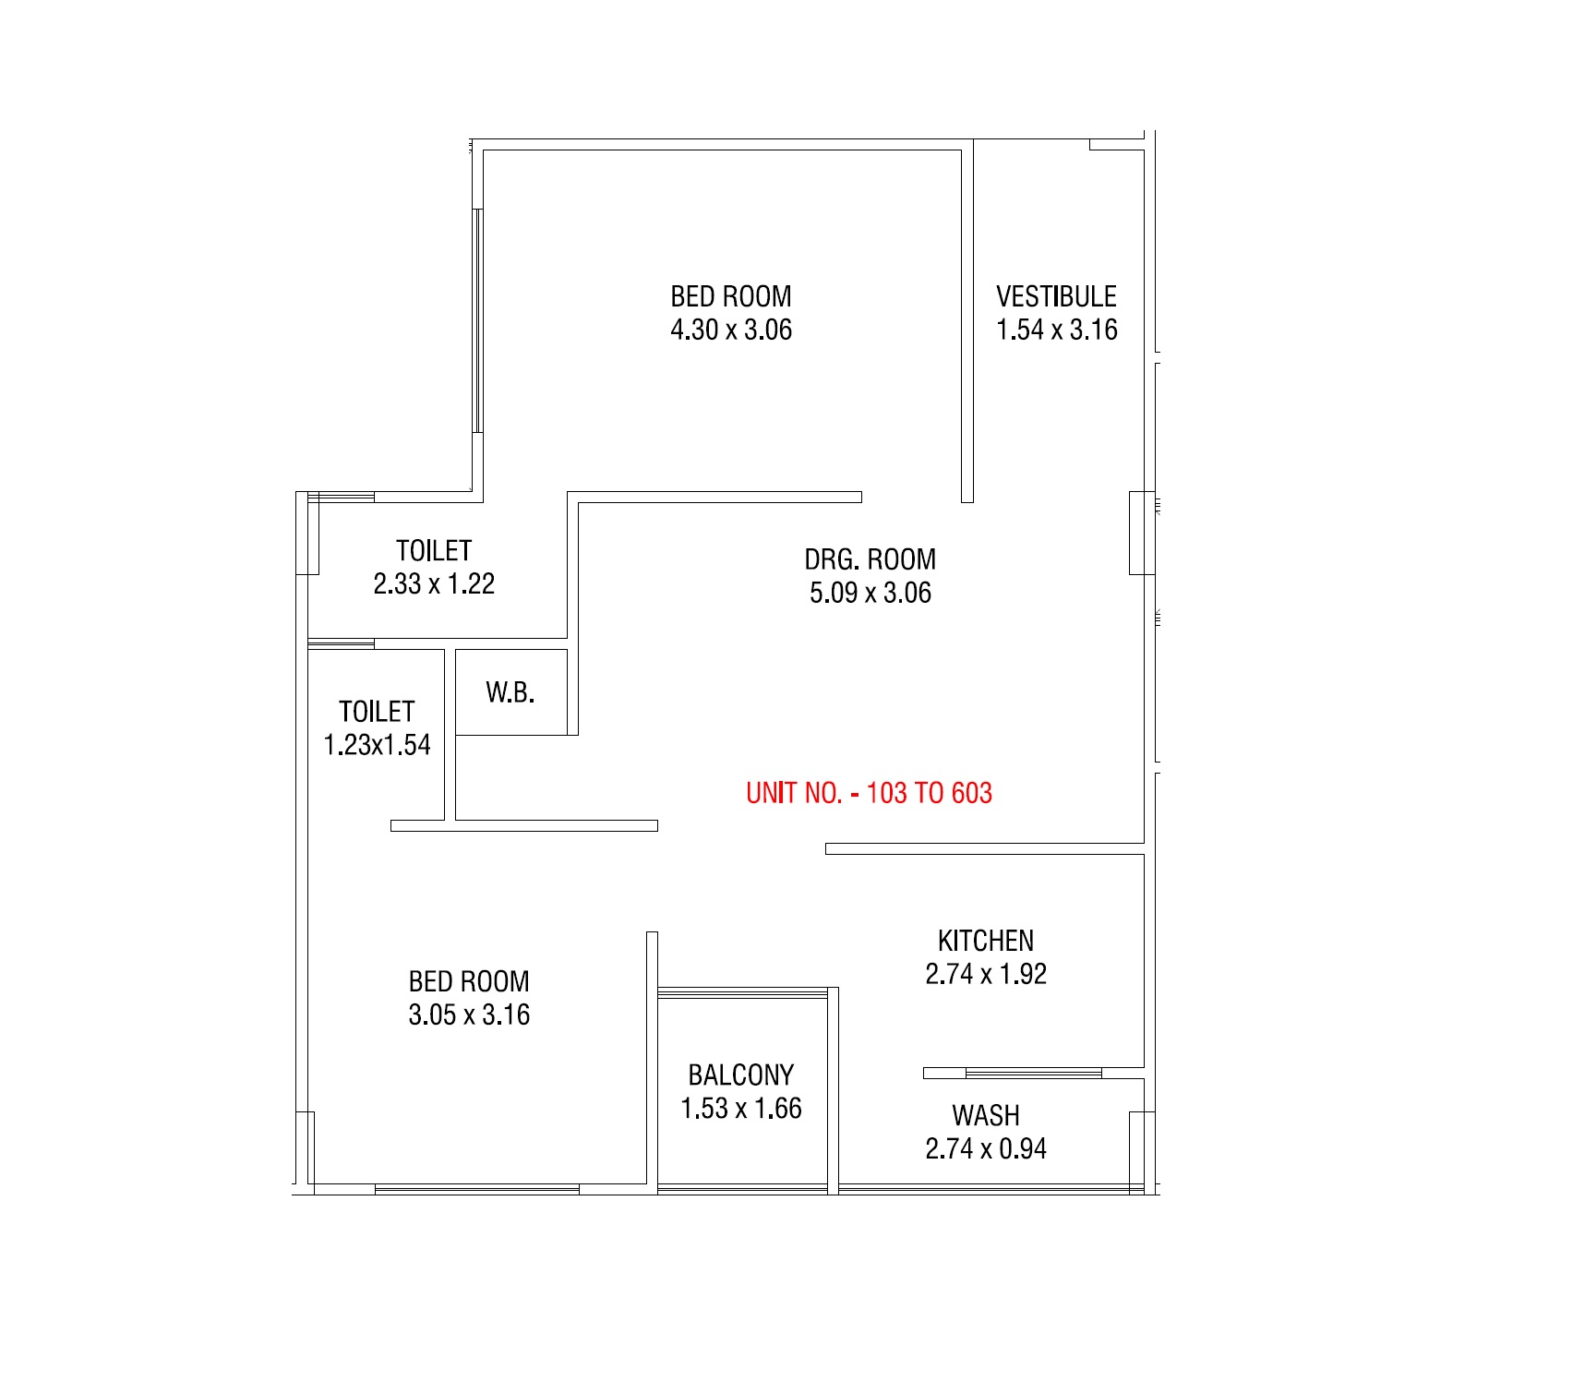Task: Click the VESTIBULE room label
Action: coord(1056,296)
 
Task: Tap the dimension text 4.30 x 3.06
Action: coord(731,330)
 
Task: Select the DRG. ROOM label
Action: coord(870,559)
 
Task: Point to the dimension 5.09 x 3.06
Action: coord(870,593)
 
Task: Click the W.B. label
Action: coord(510,691)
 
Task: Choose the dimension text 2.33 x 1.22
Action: coord(434,583)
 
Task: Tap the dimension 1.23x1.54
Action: coord(377,745)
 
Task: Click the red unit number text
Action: coord(869,793)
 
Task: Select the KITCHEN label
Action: coord(986,941)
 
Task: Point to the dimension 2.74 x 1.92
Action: coord(986,974)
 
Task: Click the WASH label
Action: coord(986,1115)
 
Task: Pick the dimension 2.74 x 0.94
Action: coord(986,1148)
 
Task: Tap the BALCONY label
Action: coord(741,1075)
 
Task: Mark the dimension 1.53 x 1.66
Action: coord(741,1108)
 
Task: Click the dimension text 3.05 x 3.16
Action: coord(469,1015)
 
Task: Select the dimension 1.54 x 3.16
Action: coord(1056,330)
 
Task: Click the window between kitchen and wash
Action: coord(1033,1073)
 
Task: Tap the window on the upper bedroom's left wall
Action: coord(477,320)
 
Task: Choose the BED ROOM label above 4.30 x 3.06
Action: coord(731,296)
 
